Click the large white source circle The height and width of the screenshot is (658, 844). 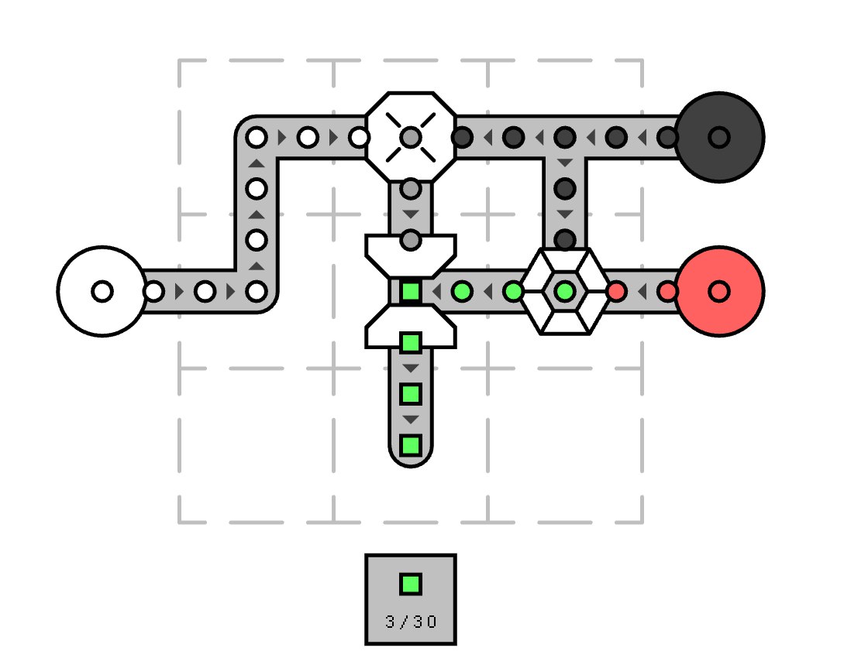pyautogui.click(x=102, y=291)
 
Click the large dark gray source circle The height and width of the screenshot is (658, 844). pyautogui.click(x=719, y=138)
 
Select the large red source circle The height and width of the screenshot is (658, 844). pyautogui.click(x=719, y=291)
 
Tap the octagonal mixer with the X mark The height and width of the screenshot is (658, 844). pyautogui.click(x=411, y=138)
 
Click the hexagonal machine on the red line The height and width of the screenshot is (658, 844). pyautogui.click(x=565, y=291)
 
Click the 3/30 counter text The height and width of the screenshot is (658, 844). pyautogui.click(x=411, y=622)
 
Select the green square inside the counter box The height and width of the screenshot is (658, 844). pyautogui.click(x=411, y=584)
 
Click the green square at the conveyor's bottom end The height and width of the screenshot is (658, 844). pyautogui.click(x=411, y=446)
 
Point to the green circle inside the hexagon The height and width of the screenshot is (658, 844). pyautogui.click(x=565, y=291)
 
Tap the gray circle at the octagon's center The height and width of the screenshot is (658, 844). pyautogui.click(x=411, y=138)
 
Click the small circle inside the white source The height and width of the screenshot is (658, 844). pyautogui.click(x=102, y=291)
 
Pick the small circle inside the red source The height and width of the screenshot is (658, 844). pyautogui.click(x=719, y=291)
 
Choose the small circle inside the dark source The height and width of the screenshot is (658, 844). pyautogui.click(x=719, y=138)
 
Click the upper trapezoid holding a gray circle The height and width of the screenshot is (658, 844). pyautogui.click(x=411, y=256)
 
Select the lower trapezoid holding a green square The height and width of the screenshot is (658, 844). pyautogui.click(x=411, y=327)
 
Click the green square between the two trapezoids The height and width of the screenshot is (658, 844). pyautogui.click(x=411, y=291)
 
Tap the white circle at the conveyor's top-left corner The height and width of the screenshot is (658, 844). pyautogui.click(x=257, y=138)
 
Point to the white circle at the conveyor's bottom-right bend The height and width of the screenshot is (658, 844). pyautogui.click(x=257, y=291)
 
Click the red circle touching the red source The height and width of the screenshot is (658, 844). pyautogui.click(x=667, y=291)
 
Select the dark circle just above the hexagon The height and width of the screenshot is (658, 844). pyautogui.click(x=565, y=240)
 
